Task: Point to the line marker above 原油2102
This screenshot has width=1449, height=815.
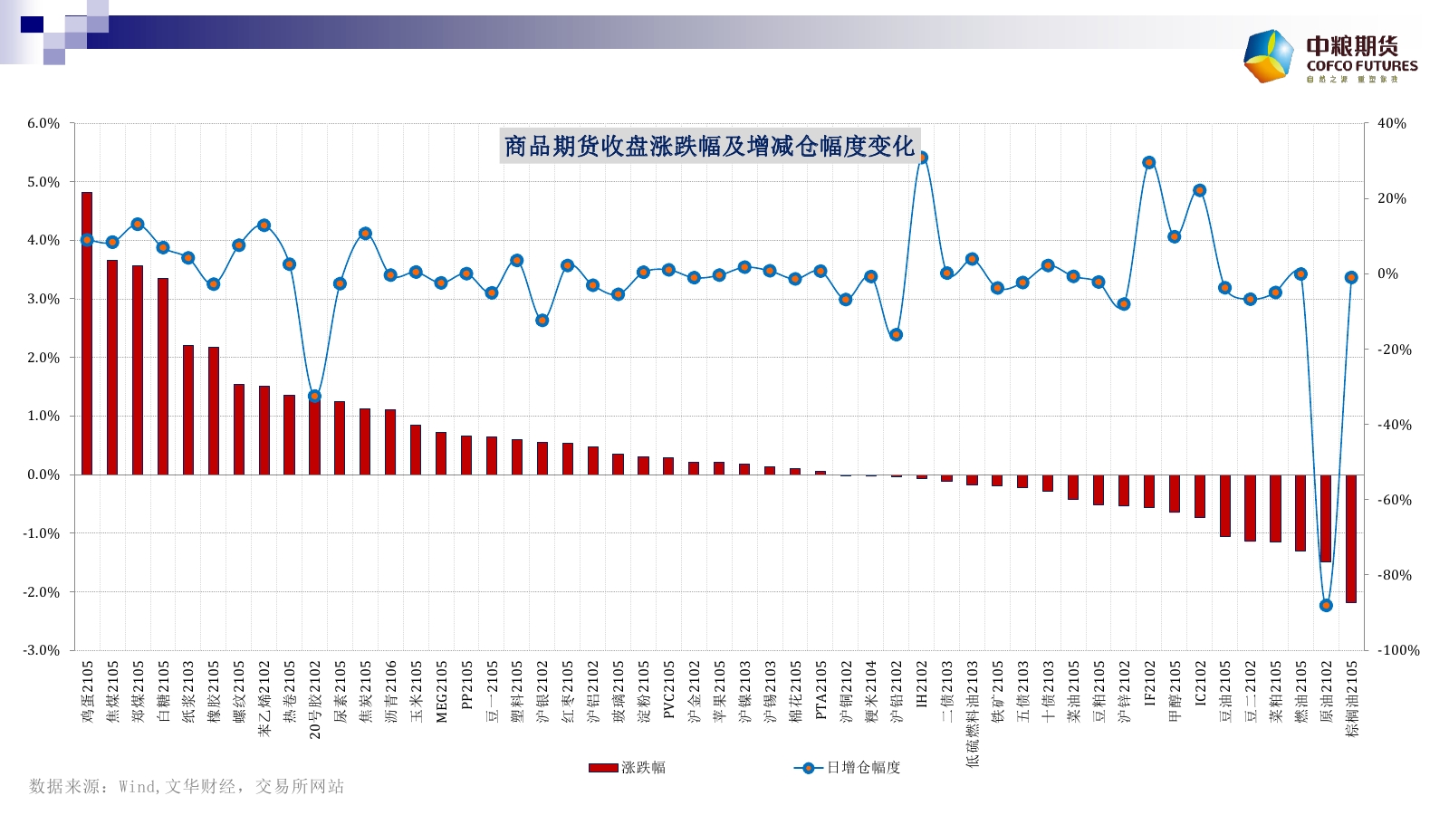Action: pos(1326,605)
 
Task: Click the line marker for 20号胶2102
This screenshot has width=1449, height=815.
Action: pos(315,396)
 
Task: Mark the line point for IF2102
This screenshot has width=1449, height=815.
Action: pos(1149,163)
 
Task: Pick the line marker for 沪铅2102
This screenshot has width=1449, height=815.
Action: pos(896,335)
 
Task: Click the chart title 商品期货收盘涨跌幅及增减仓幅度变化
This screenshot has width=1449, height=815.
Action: pos(709,146)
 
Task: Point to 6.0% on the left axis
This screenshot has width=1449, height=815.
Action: pos(43,123)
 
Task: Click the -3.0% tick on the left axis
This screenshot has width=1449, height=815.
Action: pos(42,650)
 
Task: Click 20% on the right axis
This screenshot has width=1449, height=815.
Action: pos(1392,198)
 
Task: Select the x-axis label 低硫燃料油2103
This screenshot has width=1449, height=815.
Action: pos(973,714)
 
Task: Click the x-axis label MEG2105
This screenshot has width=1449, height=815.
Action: pos(442,691)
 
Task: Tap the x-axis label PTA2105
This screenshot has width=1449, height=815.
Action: pos(821,689)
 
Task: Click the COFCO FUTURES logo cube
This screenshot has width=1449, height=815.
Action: pos(1268,56)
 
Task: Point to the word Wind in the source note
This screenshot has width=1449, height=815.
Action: pos(139,787)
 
